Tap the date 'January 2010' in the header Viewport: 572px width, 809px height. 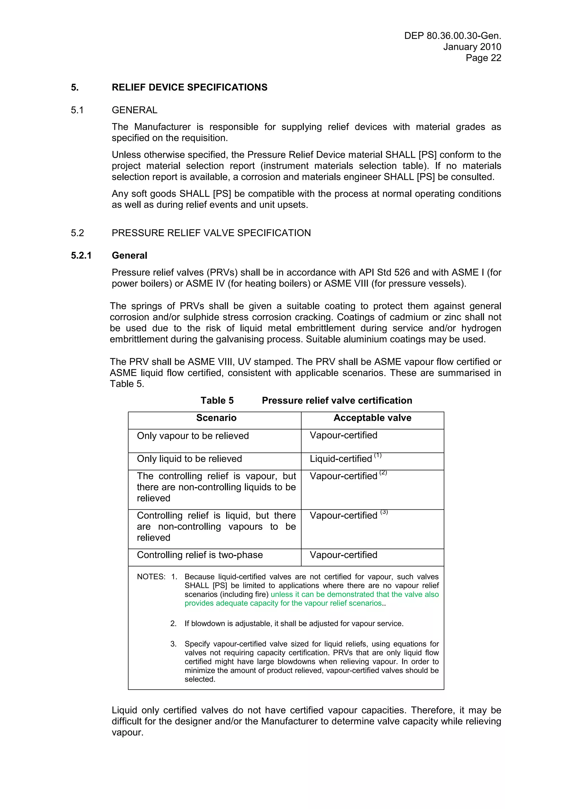pyautogui.click(x=472, y=47)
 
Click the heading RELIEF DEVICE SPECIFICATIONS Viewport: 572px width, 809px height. pyautogui.click(x=189, y=87)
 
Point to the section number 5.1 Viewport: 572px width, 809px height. pyautogui.click(x=77, y=110)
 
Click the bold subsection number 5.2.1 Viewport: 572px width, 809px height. pyautogui.click(x=81, y=255)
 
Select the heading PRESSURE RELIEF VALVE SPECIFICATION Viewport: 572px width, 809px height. pyautogui.click(x=211, y=233)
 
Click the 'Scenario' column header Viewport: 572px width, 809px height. pyautogui.click(x=216, y=418)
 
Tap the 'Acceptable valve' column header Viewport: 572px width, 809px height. pyautogui.click(x=372, y=418)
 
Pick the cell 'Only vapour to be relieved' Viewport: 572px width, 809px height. pyautogui.click(x=193, y=436)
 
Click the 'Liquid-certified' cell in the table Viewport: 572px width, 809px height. pyautogui.click(x=340, y=459)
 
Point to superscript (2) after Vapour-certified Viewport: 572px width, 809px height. pyautogui.click(x=383, y=473)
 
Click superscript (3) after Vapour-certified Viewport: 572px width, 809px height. pyautogui.click(x=384, y=512)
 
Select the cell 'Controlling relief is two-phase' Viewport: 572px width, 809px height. pyautogui.click(x=199, y=555)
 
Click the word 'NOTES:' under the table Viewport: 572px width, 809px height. pyautogui.click(x=151, y=577)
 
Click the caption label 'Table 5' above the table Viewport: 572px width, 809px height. pyautogui.click(x=217, y=401)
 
